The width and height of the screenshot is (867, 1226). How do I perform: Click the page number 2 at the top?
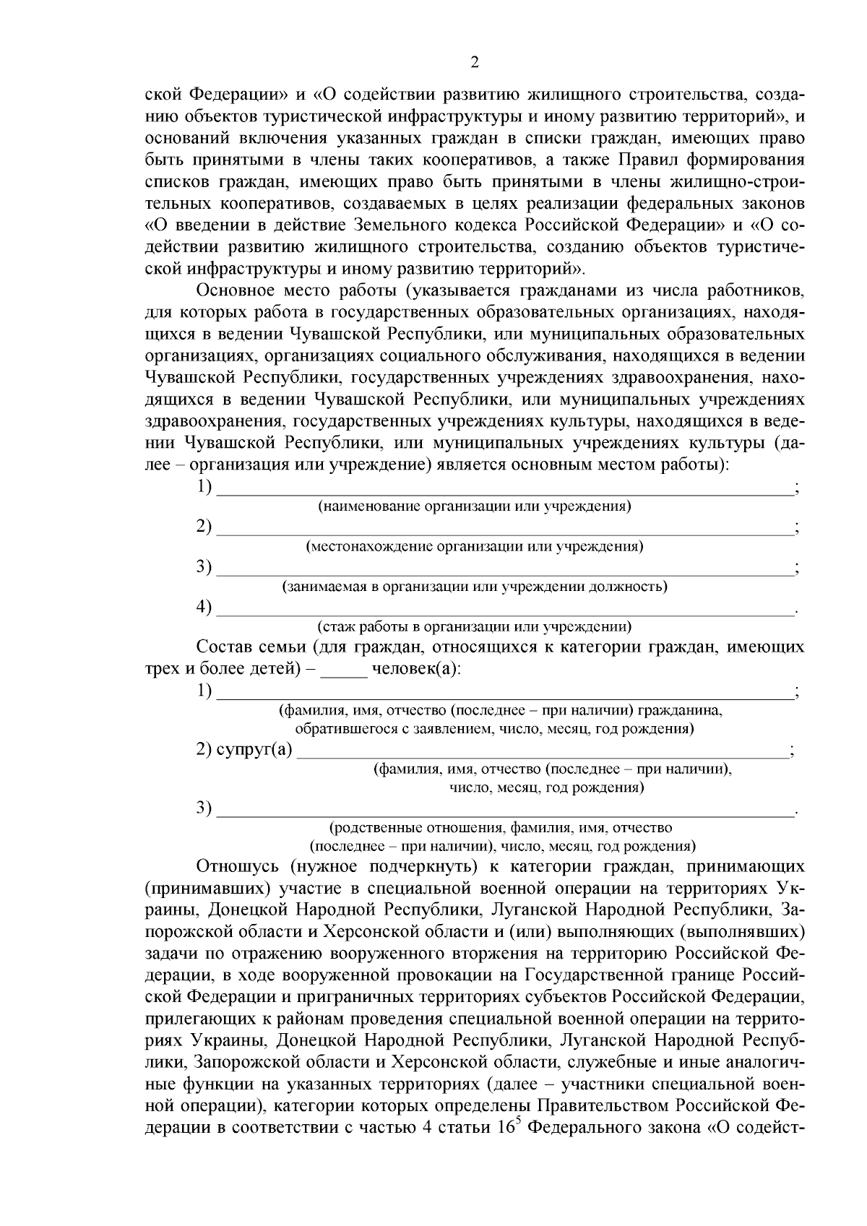click(x=474, y=63)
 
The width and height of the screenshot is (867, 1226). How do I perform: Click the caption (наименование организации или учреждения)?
click(x=475, y=506)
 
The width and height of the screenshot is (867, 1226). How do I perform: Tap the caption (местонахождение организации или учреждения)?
click(x=475, y=546)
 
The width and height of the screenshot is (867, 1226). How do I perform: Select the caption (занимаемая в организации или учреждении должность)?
click(x=475, y=586)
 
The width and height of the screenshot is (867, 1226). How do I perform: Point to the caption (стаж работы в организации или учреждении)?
click(x=475, y=626)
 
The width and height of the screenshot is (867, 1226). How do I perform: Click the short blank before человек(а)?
click(x=344, y=669)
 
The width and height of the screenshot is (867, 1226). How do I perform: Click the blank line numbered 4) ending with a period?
click(x=504, y=613)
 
